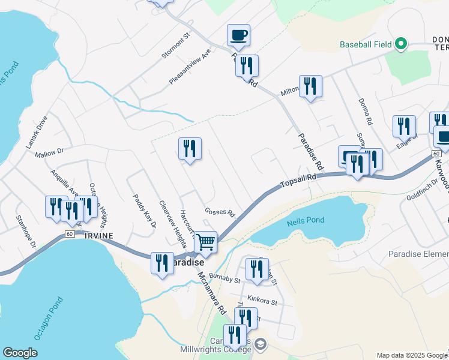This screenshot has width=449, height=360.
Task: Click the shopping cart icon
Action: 205,242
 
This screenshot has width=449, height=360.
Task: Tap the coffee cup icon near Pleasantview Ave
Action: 238,35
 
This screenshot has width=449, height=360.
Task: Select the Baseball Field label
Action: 366,44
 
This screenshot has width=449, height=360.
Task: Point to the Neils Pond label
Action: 306,220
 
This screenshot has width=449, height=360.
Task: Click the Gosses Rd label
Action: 218,212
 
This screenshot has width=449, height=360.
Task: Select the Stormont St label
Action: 175,46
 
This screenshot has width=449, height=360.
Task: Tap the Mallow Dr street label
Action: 49,154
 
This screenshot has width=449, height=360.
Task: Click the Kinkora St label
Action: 261,297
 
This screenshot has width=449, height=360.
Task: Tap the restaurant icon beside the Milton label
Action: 310,86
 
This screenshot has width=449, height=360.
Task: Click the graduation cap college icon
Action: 261,344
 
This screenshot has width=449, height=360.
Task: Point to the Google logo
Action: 20,352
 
